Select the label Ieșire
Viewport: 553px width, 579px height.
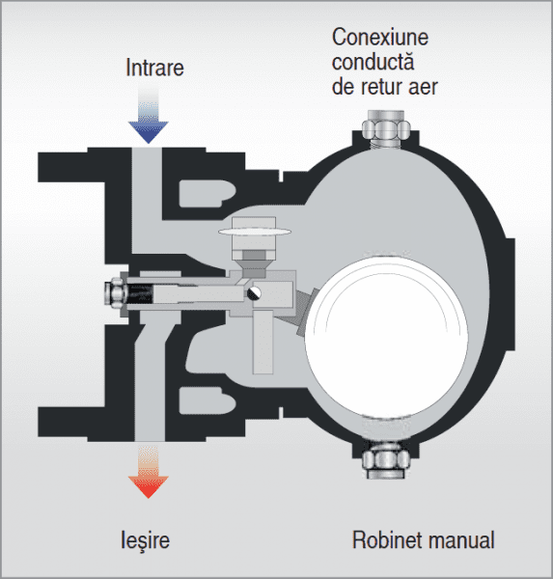click(147, 538)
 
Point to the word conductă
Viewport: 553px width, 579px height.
click(373, 64)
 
